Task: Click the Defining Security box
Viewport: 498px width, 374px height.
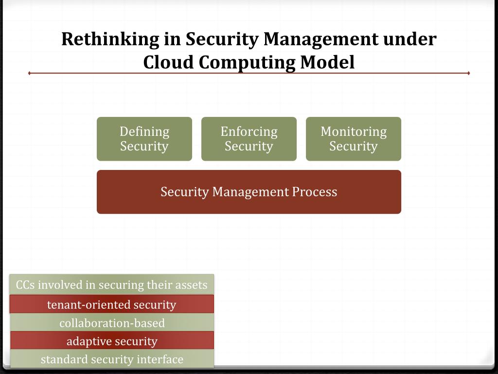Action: click(144, 139)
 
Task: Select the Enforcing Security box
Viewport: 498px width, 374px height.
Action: click(249, 139)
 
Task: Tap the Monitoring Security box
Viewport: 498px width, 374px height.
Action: click(354, 139)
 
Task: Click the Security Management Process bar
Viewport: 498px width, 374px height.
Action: click(249, 192)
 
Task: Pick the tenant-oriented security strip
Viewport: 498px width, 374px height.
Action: click(111, 305)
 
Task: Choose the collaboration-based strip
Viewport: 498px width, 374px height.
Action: click(111, 323)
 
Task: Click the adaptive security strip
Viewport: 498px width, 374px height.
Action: click(111, 341)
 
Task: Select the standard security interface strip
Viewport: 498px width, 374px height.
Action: click(111, 359)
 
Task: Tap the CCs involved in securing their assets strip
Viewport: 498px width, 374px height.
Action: click(111, 285)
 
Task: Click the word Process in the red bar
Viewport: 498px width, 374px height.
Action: click(314, 192)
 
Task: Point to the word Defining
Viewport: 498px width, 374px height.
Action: click(144, 131)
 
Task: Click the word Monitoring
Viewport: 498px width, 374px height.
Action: click(354, 131)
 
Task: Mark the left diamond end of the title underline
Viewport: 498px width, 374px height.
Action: click(30, 74)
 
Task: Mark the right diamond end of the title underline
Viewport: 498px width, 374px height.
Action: click(468, 74)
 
